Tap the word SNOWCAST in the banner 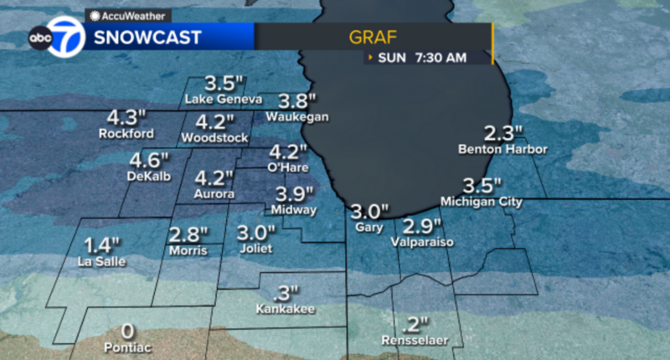click(147, 38)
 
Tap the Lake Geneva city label click(223, 100)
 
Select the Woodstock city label click(215, 136)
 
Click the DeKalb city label click(150, 177)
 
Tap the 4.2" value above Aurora click(214, 177)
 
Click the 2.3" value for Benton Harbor click(503, 132)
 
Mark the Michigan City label click(481, 202)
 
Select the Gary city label click(368, 227)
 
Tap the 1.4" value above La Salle click(102, 245)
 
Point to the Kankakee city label click(286, 310)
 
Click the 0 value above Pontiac click(127, 331)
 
